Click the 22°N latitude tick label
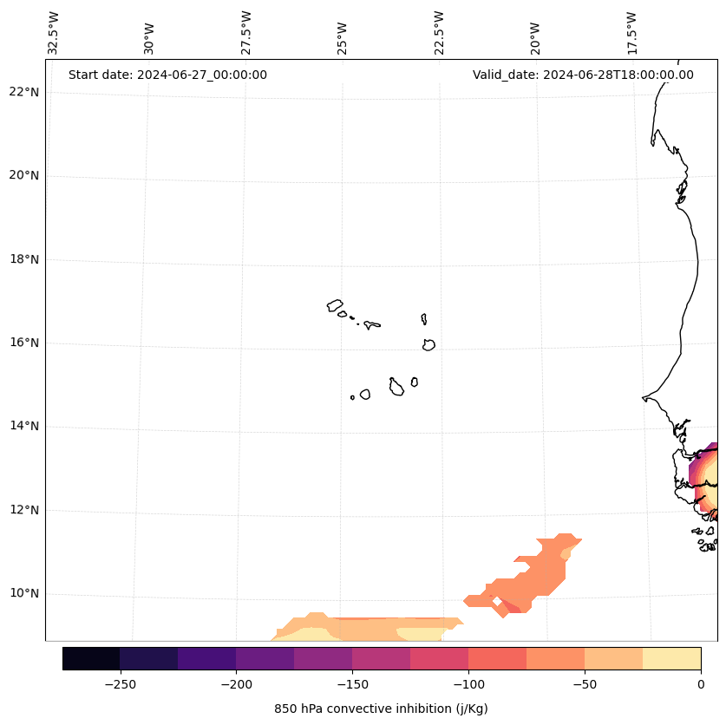tap(24, 92)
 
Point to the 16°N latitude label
tap(24, 343)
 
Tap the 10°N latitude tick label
tap(24, 594)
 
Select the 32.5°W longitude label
tap(54, 34)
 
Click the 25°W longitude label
tap(343, 34)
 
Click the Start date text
tap(167, 75)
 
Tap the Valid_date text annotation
tap(583, 75)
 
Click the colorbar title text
tap(381, 709)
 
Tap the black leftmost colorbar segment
tap(91, 658)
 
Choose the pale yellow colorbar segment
tap(671, 658)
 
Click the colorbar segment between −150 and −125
tap(381, 658)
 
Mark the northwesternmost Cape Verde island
tap(335, 305)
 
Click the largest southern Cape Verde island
tap(396, 387)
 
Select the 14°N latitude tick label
tap(24, 426)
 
